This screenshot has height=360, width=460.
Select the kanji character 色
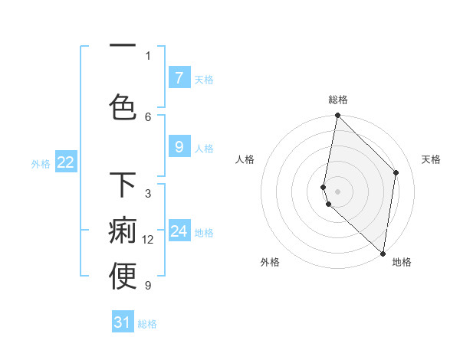click(x=123, y=107)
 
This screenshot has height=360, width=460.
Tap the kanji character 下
click(x=123, y=186)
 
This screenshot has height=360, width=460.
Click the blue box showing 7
click(x=179, y=78)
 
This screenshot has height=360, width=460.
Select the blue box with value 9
click(x=179, y=147)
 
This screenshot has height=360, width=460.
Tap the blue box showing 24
click(x=179, y=231)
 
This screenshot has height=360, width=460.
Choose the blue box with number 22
click(x=66, y=162)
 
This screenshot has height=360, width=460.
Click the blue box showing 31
click(x=123, y=322)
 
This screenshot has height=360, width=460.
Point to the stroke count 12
click(x=148, y=240)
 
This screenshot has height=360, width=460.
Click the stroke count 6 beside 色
click(x=148, y=116)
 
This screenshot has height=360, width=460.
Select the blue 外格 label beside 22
click(x=40, y=163)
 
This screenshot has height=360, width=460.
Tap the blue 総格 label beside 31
click(x=147, y=324)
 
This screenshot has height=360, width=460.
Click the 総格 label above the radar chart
click(x=338, y=100)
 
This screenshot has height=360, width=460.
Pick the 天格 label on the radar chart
click(x=432, y=159)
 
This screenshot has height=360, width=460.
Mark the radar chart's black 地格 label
click(x=402, y=262)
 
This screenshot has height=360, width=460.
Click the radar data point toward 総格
click(x=337, y=116)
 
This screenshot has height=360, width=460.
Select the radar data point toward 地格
click(x=383, y=254)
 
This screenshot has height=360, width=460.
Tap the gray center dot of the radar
click(x=338, y=191)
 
